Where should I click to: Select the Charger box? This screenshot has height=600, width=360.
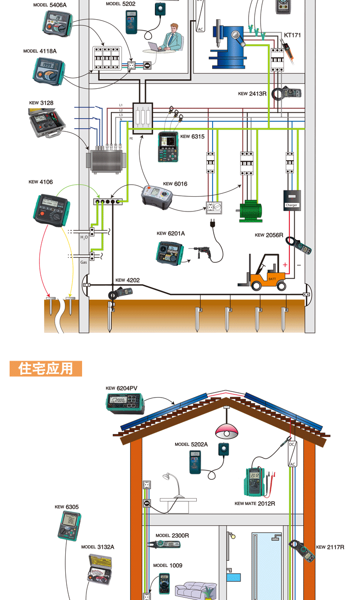(292, 199)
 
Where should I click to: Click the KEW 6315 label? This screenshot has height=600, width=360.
(192, 137)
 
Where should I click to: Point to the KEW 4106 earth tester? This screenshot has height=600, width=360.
(50, 210)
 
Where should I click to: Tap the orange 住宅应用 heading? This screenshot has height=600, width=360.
(46, 368)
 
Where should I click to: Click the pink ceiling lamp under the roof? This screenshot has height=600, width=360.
(227, 430)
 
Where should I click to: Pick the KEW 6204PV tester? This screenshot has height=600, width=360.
(125, 402)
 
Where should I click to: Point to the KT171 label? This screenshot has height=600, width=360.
(292, 35)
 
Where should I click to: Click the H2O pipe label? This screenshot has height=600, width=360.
(84, 237)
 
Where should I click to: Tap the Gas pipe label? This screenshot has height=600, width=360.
(84, 262)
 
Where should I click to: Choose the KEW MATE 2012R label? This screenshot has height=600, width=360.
(255, 504)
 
